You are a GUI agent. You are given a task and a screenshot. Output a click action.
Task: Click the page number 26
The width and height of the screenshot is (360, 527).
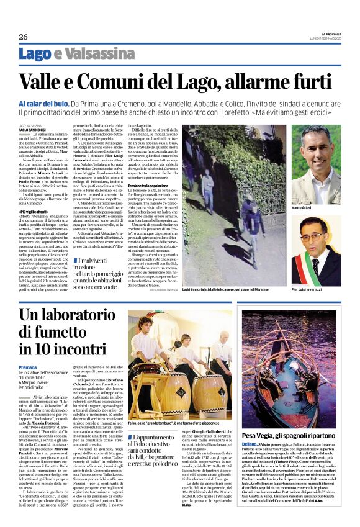pyautogui.click(x=23, y=37)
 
